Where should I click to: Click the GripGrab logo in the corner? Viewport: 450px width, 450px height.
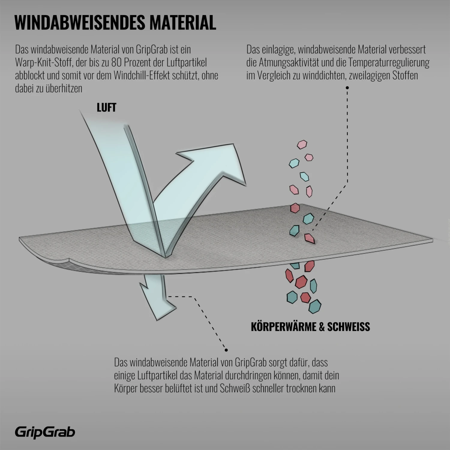point(45,432)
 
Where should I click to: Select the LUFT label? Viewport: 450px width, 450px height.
point(106,108)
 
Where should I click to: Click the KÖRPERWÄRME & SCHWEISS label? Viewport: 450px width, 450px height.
point(310,326)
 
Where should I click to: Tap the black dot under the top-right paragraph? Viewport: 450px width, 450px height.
point(347,88)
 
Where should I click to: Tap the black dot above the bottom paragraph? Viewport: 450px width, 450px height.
point(226,350)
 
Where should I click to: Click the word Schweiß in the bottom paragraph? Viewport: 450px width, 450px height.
point(235,388)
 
